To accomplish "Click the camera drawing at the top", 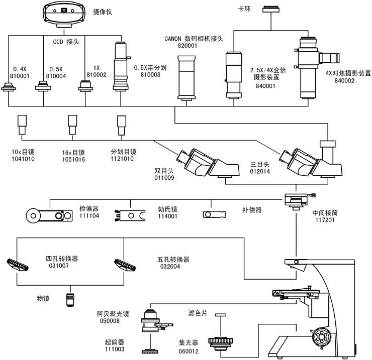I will [63, 13].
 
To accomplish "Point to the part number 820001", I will [187, 45].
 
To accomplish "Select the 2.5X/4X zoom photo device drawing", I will [234, 72].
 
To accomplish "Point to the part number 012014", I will [260, 171].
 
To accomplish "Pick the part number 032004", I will [169, 267].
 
